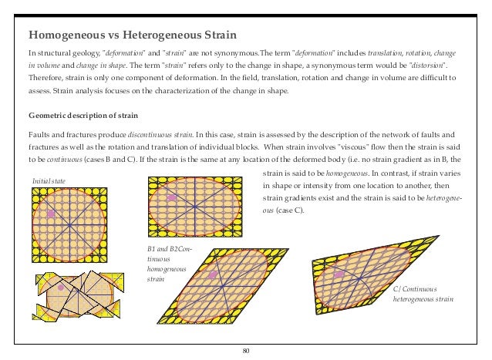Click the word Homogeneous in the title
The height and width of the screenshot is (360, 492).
(66, 35)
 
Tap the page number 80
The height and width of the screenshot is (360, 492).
(246, 352)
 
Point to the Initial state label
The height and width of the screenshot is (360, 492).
(49, 180)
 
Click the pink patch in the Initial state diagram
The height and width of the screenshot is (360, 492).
(52, 213)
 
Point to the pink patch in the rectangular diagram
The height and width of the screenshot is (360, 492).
(172, 198)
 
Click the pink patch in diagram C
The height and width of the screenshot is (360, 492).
(339, 274)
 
